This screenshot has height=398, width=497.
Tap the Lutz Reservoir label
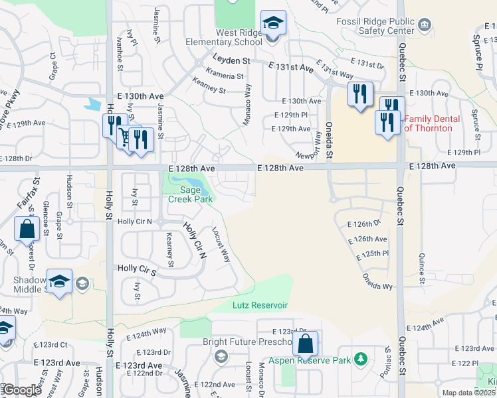click(260, 305)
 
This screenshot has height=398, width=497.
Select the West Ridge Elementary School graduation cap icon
click(272, 25)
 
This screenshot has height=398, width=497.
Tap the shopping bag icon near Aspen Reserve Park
click(305, 345)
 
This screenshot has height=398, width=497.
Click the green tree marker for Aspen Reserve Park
click(361, 359)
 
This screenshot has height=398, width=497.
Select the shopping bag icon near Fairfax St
click(27, 230)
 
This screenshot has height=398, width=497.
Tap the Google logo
click(21, 390)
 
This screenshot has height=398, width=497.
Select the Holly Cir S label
click(136, 268)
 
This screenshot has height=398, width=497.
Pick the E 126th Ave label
click(367, 239)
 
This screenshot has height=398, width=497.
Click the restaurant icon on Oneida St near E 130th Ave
click(359, 95)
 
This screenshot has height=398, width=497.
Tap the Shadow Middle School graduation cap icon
click(59, 281)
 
